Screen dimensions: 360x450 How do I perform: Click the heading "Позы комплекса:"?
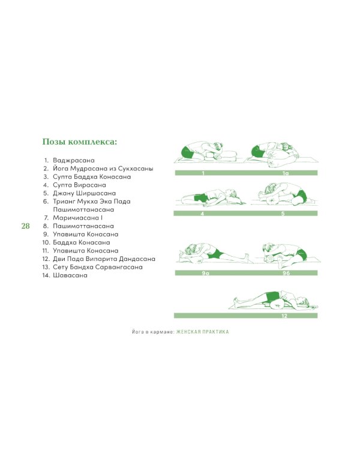80,142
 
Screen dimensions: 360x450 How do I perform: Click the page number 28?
26,226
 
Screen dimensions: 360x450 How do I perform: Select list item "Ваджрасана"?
73,160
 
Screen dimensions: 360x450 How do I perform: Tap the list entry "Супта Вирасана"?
79,185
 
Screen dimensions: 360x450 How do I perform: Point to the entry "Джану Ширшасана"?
84,193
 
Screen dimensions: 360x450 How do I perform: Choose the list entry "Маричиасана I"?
77,218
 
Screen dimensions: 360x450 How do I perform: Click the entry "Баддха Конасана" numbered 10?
81,242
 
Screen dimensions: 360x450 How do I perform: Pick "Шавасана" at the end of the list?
70,275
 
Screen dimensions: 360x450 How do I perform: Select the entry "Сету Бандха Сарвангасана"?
98,267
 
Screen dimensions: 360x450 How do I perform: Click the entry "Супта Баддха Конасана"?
92,176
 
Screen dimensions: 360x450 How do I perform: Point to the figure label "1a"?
285,173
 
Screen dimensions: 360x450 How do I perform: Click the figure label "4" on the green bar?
202,214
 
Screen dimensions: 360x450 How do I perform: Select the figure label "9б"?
286,273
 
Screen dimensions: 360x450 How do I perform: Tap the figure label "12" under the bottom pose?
284,316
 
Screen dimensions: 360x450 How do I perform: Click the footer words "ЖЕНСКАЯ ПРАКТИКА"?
203,332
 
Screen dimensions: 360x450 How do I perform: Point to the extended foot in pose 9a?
246,256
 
